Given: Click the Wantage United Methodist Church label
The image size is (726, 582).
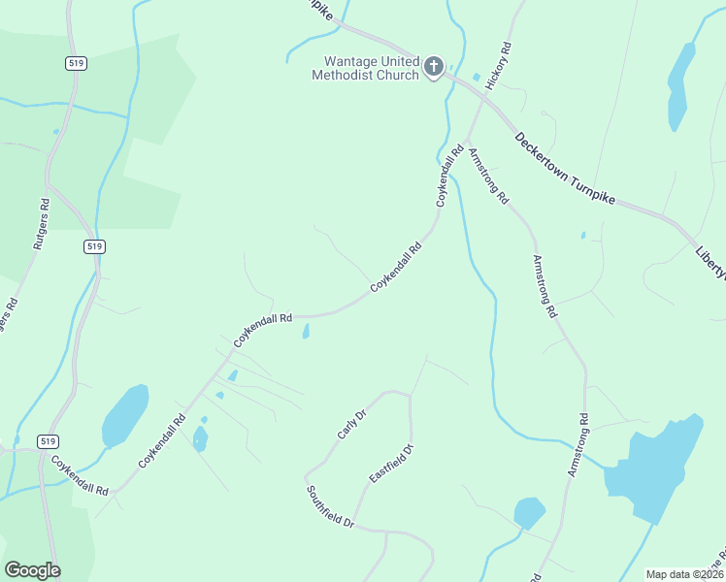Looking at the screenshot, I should point(365,68).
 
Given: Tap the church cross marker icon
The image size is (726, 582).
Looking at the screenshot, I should point(434,68).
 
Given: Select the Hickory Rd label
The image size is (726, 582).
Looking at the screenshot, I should point(498,66).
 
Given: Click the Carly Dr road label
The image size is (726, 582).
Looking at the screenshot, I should point(351,425).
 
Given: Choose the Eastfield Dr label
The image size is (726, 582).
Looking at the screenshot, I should point(391,464).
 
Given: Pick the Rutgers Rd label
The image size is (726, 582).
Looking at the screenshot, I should point(41,225).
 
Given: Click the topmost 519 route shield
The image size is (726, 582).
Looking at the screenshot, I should point(77,63).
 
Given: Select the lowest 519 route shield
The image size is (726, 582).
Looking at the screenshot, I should point(48,441).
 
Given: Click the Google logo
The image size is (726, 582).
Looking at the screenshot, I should point(32,570).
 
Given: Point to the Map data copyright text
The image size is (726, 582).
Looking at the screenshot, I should point(685,574).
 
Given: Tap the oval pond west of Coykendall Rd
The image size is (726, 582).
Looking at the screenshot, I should point(125,415).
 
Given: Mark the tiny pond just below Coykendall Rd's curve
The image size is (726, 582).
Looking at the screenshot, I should point(307,333).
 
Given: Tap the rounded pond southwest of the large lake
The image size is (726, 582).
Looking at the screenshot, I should point(529,512).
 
